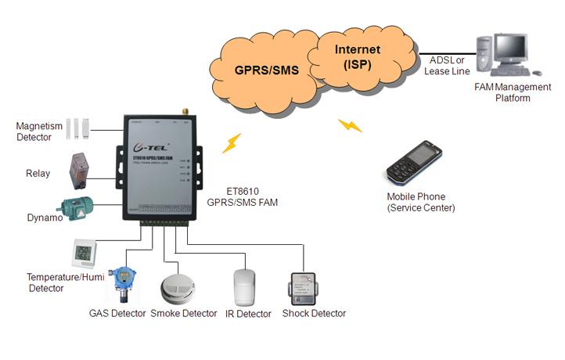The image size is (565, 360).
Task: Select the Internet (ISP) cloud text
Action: [x=358, y=56]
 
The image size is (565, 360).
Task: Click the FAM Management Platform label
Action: [x=513, y=92]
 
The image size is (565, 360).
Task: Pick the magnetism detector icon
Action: [x=79, y=128]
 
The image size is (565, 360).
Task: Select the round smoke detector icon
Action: [x=177, y=289]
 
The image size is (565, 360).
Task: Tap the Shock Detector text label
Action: [x=314, y=313]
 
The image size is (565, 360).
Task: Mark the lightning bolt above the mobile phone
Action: [x=350, y=125]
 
